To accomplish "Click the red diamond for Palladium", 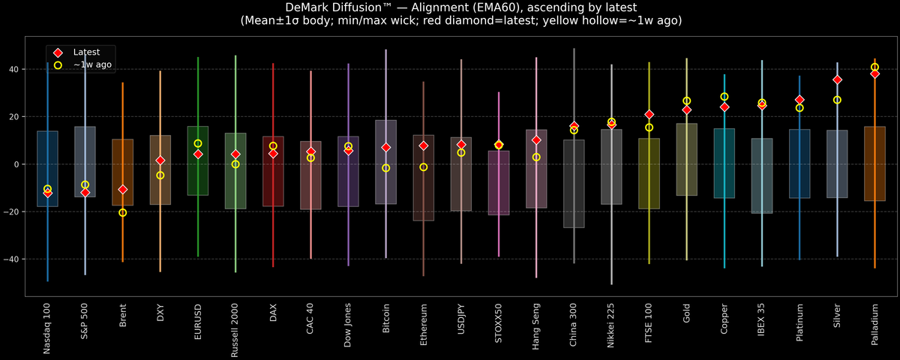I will pyautogui.click(x=874, y=73).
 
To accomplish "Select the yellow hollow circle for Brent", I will pyautogui.click(x=122, y=212).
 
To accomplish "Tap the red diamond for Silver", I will pyautogui.click(x=837, y=79).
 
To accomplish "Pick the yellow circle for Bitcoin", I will pyautogui.click(x=385, y=168).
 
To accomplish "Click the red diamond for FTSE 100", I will pyautogui.click(x=649, y=114).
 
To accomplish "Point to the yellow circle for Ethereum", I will pyautogui.click(x=423, y=167).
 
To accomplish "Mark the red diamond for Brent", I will pyautogui.click(x=122, y=190).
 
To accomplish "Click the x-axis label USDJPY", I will pyautogui.click(x=461, y=321).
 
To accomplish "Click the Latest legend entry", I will pyautogui.click(x=85, y=52).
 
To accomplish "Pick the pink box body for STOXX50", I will pyautogui.click(x=499, y=183).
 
